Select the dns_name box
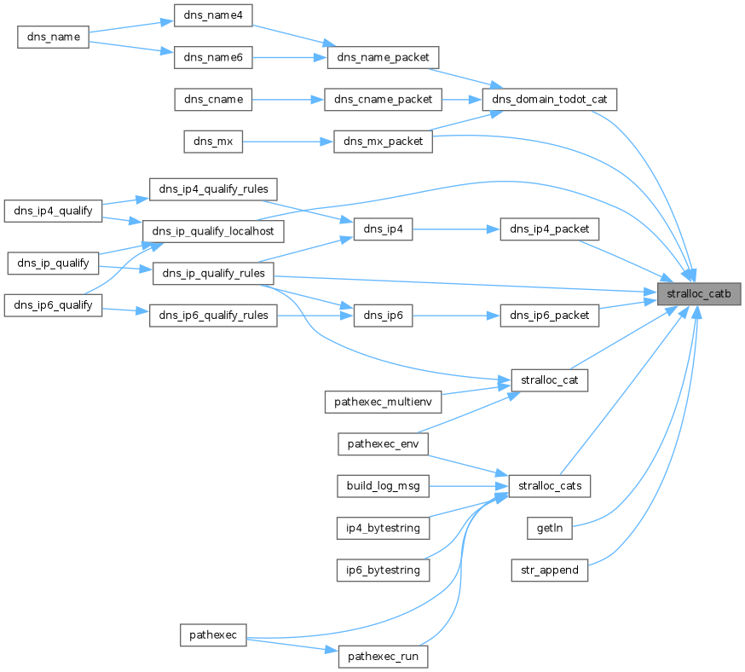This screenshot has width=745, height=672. pos(54,37)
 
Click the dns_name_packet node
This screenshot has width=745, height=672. pos(383,57)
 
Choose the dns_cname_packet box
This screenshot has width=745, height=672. pos(383,100)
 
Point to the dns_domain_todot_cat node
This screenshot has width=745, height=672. pos(549,100)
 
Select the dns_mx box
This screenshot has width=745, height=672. pos(213,142)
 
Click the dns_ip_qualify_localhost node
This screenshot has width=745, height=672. pos(213,230)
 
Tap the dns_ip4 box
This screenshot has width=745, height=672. pos(383,230)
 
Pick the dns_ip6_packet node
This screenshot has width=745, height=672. pos(549,316)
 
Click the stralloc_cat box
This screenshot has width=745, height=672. pos(549,380)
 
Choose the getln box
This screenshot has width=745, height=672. pos(549,528)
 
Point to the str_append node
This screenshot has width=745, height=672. pos(549,570)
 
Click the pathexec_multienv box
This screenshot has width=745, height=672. pos(383,402)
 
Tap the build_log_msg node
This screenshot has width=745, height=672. pos(383,486)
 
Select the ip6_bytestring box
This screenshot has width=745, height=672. pos(383,570)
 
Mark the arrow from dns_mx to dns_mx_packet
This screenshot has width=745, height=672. pos(287,142)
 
